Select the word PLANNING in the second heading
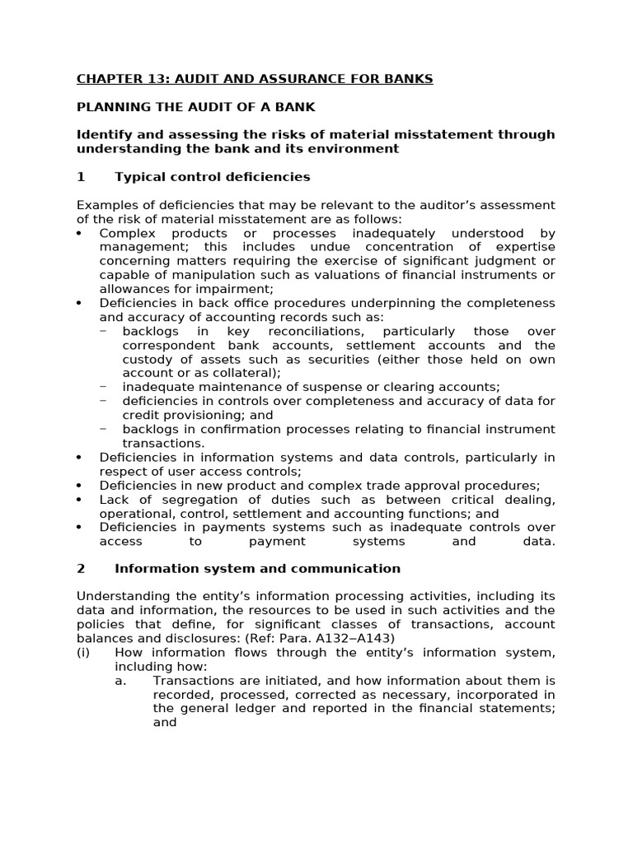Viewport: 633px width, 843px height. [x=109, y=107]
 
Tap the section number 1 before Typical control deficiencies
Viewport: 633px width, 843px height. [x=81, y=177]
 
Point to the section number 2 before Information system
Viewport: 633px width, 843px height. [x=81, y=569]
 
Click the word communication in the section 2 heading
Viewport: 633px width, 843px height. [x=354, y=569]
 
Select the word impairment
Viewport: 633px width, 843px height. [x=241, y=289]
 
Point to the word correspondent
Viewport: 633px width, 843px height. [x=165, y=345]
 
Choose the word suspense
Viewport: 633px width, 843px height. [x=318, y=387]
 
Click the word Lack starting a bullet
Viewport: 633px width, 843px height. [x=114, y=500]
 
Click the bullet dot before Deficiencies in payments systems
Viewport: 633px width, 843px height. [x=80, y=528]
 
